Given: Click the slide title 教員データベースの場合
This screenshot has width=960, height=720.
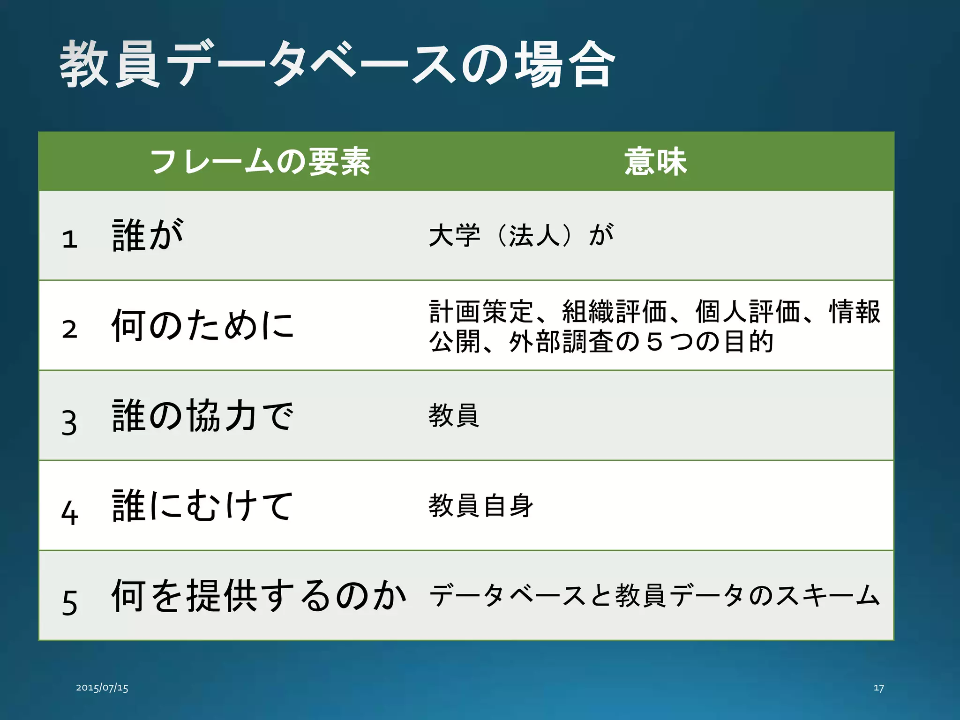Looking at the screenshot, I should (337, 64).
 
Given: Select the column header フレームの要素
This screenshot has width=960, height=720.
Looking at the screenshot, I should (261, 162).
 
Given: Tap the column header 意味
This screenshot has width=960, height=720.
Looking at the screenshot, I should (655, 162).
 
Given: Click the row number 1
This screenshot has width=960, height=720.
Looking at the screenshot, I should (69, 239).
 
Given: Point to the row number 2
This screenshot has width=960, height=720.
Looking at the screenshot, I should (69, 329).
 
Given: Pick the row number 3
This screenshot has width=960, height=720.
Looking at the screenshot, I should (69, 422).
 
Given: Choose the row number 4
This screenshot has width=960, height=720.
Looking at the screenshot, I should (69, 512).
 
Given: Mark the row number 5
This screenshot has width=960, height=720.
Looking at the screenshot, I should (69, 603).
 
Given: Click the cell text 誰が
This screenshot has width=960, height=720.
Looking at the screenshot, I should (148, 235).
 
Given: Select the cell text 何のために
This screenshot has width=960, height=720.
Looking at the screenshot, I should (202, 325).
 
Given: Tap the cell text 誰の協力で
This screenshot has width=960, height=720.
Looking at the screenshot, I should (202, 416).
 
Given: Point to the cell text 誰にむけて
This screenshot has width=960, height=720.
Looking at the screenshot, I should (202, 506).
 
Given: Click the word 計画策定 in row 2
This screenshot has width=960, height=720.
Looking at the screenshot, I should (481, 312).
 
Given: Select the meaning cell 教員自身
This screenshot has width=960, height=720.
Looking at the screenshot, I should (481, 506).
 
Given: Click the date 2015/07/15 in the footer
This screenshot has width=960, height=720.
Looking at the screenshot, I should (102, 688).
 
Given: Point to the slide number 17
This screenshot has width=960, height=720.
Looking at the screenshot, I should (878, 688).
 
